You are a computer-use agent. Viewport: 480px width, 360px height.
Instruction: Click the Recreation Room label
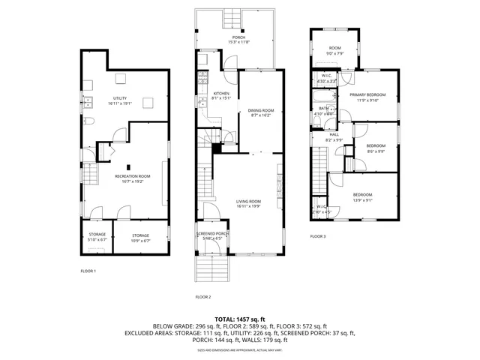pyautogui.click(x=132, y=175)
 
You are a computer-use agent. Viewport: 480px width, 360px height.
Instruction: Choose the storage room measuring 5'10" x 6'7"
pyautogui.click(x=97, y=237)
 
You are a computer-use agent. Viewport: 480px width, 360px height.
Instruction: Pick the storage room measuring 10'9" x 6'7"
pyautogui.click(x=140, y=237)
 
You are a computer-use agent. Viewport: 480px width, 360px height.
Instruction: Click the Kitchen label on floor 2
pyautogui.click(x=211, y=94)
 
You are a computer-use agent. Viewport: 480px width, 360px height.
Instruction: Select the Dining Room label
pyautogui.click(x=261, y=110)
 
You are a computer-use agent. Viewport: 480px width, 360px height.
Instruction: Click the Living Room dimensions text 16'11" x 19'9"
pyautogui.click(x=248, y=206)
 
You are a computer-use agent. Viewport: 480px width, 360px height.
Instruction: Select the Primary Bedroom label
pyautogui.click(x=367, y=94)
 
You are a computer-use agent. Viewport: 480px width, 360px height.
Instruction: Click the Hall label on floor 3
pyautogui.click(x=333, y=135)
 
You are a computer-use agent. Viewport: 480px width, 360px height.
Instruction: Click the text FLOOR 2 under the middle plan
pyautogui.click(x=203, y=297)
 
